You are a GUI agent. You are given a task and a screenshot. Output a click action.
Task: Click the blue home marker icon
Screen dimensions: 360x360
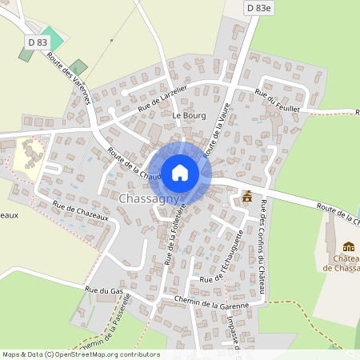(180, 172)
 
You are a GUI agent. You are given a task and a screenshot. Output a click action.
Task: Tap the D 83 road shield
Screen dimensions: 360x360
(37, 42)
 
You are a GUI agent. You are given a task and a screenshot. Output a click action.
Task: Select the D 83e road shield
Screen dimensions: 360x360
(259, 7)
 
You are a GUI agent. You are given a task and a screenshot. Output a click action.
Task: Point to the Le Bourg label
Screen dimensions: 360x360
(189, 115)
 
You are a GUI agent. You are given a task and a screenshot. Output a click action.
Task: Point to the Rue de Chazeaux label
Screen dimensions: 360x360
(80, 217)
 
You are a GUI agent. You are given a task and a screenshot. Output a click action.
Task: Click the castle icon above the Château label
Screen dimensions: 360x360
(348, 246)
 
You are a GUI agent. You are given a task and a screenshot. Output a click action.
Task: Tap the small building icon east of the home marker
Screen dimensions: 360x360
(247, 195)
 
